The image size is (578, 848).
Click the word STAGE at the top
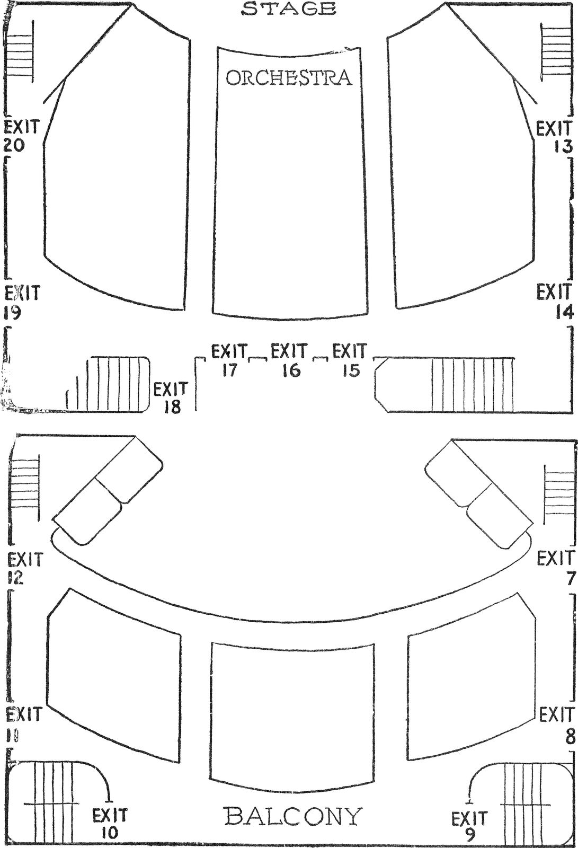pyautogui.click(x=289, y=8)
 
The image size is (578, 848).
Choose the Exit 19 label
pyautogui.click(x=21, y=303)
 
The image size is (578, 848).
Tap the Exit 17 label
pyautogui.click(x=229, y=360)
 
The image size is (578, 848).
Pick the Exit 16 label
pyautogui.click(x=289, y=360)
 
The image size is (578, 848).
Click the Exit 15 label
pyautogui.click(x=350, y=360)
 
